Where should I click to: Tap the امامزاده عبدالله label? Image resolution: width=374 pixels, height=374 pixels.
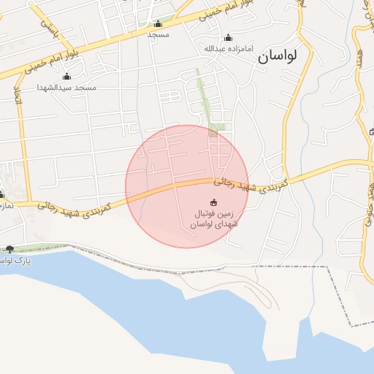[x=227, y=49]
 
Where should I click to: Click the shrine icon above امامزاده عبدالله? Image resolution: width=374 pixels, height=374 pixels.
[x=228, y=38]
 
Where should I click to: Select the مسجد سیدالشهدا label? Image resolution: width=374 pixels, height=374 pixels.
[x=66, y=87]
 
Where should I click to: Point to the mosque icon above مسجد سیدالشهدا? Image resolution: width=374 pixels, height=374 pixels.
[x=67, y=77]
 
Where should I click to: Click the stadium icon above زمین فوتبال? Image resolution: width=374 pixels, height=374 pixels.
[x=213, y=202]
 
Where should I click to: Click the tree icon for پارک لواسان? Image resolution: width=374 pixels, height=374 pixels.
[x=9, y=249]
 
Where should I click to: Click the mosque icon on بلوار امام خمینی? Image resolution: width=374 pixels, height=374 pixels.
[x=159, y=24]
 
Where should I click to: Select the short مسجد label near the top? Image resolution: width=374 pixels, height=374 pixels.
[x=158, y=34]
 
